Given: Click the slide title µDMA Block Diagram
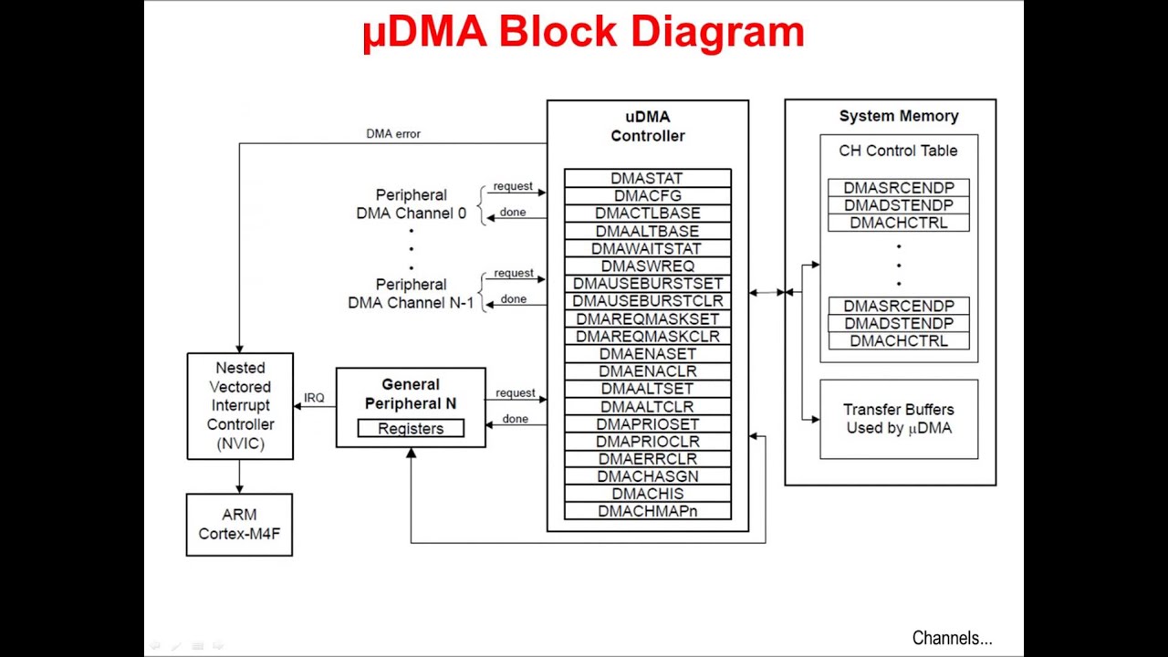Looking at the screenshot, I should point(583,33).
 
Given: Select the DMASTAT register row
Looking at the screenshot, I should point(648,178).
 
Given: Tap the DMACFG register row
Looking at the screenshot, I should point(648,195).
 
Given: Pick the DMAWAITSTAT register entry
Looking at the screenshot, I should point(648,248).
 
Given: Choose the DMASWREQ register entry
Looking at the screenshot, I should point(648,266).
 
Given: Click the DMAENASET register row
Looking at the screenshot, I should point(648,354).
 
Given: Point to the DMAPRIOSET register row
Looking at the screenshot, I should point(648,424).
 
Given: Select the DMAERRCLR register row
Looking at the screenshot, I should point(648,459).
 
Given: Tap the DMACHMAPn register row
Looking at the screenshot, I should point(648,511).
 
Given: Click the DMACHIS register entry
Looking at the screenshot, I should point(648,494).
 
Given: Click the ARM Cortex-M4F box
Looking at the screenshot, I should point(239,525).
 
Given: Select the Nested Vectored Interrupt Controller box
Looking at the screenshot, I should point(240,406).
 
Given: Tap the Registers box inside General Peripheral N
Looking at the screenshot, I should point(411,429).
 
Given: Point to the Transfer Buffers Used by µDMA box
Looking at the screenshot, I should point(899,419).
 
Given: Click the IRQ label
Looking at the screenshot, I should point(314,398).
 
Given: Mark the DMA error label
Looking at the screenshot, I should point(393,133).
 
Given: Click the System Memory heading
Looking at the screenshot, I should point(899,116).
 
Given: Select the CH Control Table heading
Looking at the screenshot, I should point(898,151).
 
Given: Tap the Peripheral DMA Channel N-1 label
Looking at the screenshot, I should point(411,294).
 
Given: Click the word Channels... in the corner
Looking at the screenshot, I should point(952,638).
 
